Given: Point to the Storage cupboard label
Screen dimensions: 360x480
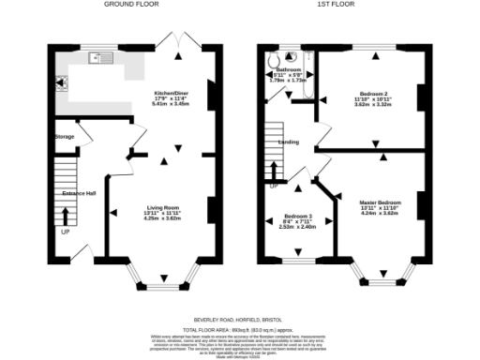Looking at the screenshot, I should pyautogui.click(x=65, y=137).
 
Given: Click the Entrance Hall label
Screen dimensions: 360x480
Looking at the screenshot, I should pyautogui.click(x=79, y=193).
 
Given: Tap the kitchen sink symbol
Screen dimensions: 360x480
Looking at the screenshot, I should pyautogui.click(x=98, y=59).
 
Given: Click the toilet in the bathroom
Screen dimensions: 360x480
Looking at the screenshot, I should pyautogui.click(x=272, y=61).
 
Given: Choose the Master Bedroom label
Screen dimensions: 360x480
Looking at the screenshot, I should pyautogui.click(x=379, y=200).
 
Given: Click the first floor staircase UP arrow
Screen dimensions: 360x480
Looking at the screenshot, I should pyautogui.click(x=274, y=172).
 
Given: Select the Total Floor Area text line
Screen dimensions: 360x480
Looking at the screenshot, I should pyautogui.click(x=240, y=329).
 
